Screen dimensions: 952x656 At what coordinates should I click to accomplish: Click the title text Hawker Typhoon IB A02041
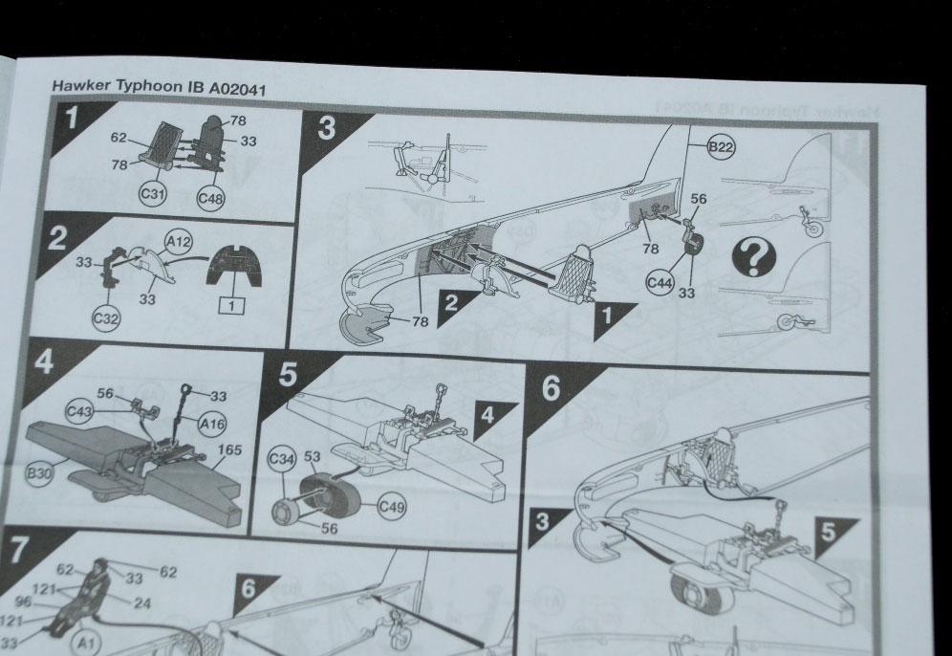click(159, 87)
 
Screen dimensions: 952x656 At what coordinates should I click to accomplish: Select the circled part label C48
click(210, 197)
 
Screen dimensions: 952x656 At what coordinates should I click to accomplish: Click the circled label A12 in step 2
click(179, 242)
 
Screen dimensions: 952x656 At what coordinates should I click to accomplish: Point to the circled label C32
click(106, 318)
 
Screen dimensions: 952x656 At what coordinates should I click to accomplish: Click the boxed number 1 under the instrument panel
click(230, 305)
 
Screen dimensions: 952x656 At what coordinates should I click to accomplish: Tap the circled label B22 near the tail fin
click(721, 147)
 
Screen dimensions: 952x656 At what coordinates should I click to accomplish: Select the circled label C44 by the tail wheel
click(660, 282)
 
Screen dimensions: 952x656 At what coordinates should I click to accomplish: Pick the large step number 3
click(327, 129)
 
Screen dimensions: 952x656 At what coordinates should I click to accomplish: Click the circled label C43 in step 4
click(79, 412)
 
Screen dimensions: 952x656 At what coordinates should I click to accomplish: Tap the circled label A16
click(211, 423)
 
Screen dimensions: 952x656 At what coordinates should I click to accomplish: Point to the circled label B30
click(39, 473)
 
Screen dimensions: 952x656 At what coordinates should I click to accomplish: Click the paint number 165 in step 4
click(230, 450)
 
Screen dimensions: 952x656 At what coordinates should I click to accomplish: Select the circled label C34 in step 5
click(282, 459)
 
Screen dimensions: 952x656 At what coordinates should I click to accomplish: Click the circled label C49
click(392, 507)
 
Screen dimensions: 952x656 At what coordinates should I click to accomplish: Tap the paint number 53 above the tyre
click(312, 455)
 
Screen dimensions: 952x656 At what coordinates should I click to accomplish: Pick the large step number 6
click(551, 388)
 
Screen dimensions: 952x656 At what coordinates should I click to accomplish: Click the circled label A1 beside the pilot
click(86, 642)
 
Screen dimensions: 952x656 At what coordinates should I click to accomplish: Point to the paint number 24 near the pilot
click(142, 602)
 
